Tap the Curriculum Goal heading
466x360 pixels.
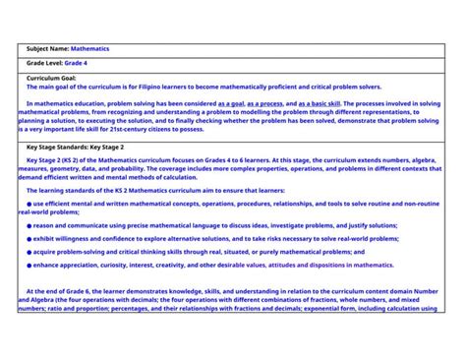click(x=51, y=77)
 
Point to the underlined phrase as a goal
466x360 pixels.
click(x=231, y=102)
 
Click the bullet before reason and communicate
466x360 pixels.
click(x=29, y=225)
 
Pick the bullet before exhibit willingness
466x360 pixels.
click(x=29, y=238)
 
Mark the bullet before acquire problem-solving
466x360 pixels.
click(x=29, y=252)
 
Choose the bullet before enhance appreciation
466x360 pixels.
click(x=29, y=265)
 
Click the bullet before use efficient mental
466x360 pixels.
click(x=29, y=203)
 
